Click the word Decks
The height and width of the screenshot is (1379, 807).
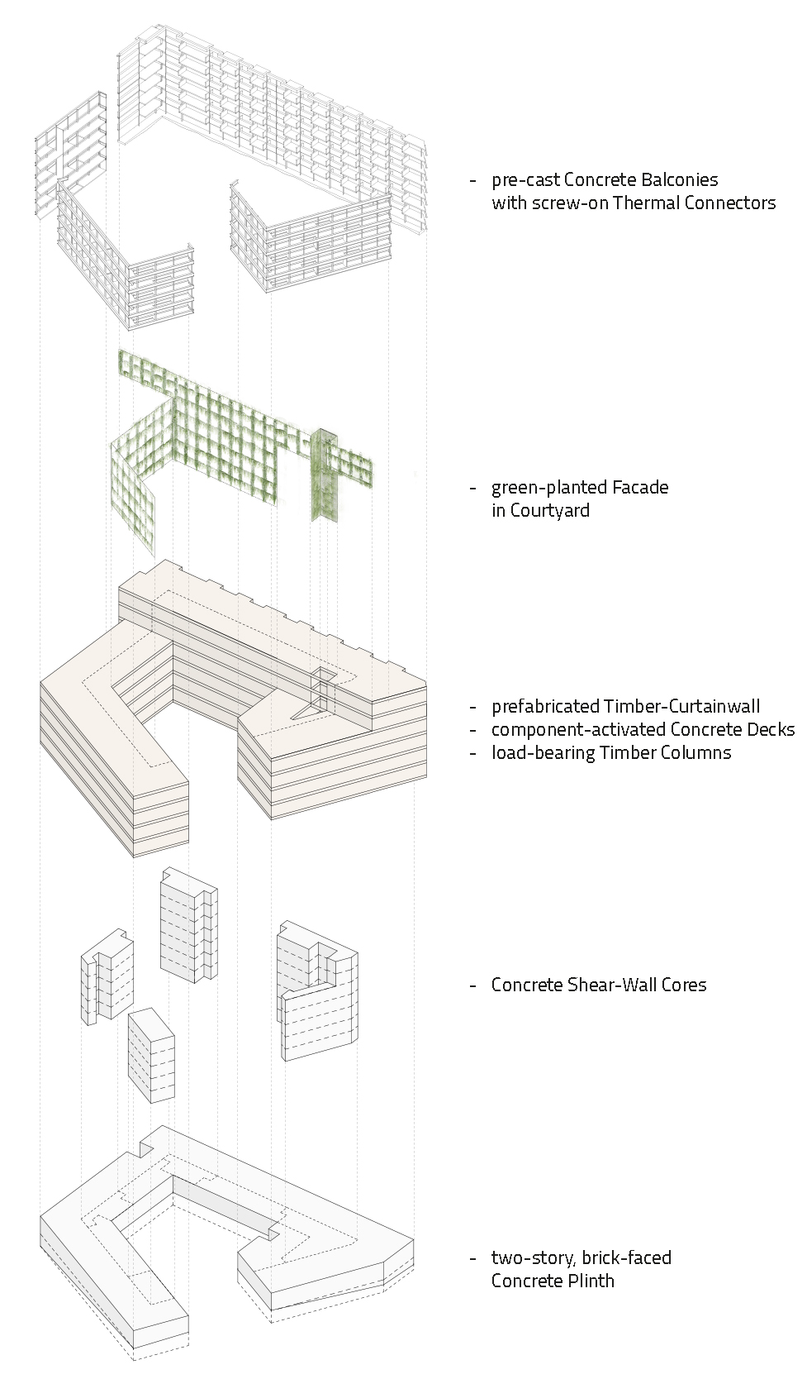click(768, 729)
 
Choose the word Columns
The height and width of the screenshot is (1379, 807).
click(695, 752)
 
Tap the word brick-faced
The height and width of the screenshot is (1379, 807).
click(626, 1257)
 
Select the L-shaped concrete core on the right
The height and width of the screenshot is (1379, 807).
click(317, 992)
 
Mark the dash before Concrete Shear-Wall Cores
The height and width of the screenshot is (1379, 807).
click(472, 985)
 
